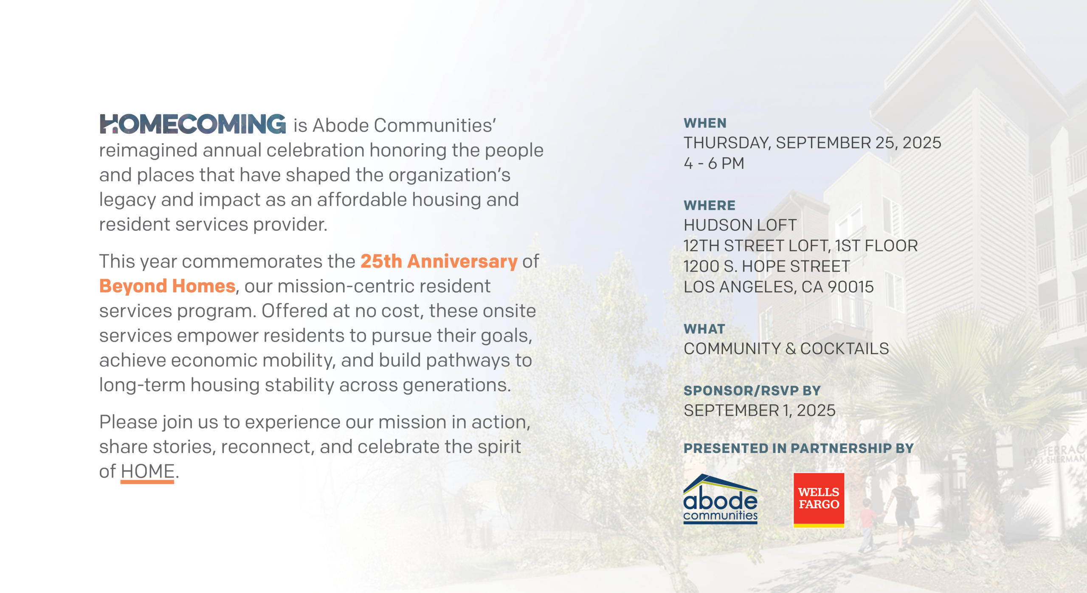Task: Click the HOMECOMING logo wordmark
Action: pyautogui.click(x=193, y=124)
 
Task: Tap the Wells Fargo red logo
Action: pyautogui.click(x=819, y=500)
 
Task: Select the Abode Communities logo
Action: pyautogui.click(x=720, y=499)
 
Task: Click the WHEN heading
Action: pyautogui.click(x=705, y=123)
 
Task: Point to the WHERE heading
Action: pyautogui.click(x=709, y=206)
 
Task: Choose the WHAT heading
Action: pyautogui.click(x=704, y=329)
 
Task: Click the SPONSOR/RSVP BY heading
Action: pyautogui.click(x=752, y=390)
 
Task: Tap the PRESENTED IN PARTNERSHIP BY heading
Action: pyautogui.click(x=798, y=448)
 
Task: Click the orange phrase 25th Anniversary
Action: pyautogui.click(x=439, y=262)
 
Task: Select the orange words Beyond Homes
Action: pyautogui.click(x=167, y=287)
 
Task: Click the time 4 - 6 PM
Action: pyautogui.click(x=714, y=164)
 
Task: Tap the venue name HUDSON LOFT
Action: pyautogui.click(x=740, y=225)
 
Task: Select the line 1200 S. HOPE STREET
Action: pyautogui.click(x=767, y=266)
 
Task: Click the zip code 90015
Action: pyautogui.click(x=850, y=287)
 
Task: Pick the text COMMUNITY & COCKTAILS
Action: pyautogui.click(x=786, y=349)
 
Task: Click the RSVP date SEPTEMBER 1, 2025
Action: pyautogui.click(x=760, y=411)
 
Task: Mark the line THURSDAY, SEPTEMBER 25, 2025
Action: pyautogui.click(x=812, y=143)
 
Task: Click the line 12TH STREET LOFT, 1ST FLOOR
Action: pyautogui.click(x=800, y=246)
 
